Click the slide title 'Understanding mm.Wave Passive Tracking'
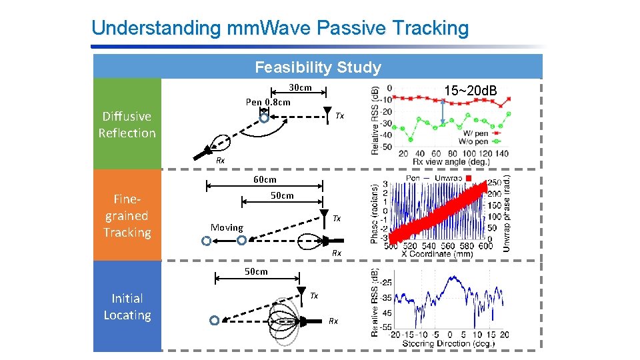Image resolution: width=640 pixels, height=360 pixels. [280, 28]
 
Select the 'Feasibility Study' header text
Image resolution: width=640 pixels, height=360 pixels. [318, 67]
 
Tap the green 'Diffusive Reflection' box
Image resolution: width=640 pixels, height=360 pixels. [127, 125]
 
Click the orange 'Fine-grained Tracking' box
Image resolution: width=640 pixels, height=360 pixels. [127, 215]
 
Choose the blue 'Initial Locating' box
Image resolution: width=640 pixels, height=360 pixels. [127, 307]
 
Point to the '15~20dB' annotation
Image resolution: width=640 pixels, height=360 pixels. [470, 90]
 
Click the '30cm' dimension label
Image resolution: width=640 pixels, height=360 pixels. [300, 88]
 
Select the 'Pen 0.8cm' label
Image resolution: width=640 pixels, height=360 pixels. [268, 102]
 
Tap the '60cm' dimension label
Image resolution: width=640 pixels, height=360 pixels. [265, 179]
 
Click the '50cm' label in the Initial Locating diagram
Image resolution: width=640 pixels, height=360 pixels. [256, 271]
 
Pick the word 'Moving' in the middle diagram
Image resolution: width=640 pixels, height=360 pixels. [227, 227]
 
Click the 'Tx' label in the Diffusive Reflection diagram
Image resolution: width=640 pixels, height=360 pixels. [339, 116]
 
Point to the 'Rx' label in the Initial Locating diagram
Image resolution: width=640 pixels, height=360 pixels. [333, 321]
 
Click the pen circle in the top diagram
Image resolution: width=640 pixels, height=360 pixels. [264, 119]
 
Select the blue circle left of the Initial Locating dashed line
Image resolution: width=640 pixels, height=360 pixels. [214, 321]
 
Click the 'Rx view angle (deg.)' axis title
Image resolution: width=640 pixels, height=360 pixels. [451, 161]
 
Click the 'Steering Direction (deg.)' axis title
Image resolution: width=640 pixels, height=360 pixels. [449, 344]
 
